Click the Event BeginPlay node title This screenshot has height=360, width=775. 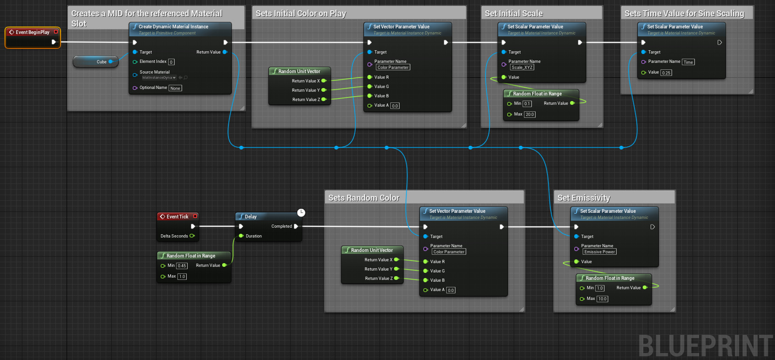coord(32,32)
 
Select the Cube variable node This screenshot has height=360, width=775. coord(95,61)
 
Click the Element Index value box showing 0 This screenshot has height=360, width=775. coord(171,62)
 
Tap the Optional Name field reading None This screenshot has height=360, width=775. coord(175,88)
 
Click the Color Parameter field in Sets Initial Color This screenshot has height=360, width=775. coord(393,68)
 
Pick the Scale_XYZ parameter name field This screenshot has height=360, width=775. coord(522,68)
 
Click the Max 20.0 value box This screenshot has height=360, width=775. coord(530,115)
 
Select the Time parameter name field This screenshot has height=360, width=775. coord(688,62)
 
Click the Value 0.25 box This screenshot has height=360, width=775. coord(666,73)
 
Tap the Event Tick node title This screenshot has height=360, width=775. coord(177,217)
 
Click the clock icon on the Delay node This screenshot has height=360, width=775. coord(301,213)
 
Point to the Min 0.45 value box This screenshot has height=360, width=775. coord(182,266)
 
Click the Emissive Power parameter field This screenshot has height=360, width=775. coord(599,252)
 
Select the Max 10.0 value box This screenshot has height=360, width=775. coord(602,299)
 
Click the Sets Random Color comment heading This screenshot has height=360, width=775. coord(364,198)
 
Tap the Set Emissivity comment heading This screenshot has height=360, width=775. coord(584,198)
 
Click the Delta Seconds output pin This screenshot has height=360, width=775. coord(192,236)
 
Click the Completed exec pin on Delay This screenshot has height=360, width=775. coord(296,226)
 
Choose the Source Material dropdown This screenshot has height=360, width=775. coord(159,78)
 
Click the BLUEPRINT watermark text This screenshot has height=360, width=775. coord(705,346)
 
